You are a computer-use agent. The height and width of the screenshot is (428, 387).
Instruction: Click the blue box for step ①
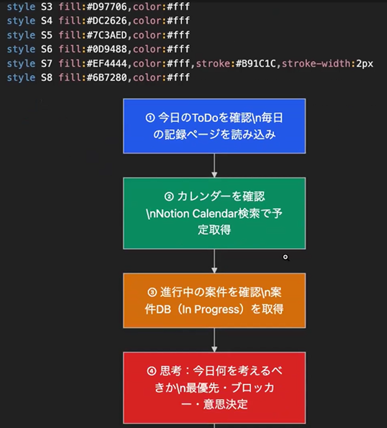[x=214, y=125]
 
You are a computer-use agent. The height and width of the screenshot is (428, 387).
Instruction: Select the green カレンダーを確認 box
[x=214, y=213]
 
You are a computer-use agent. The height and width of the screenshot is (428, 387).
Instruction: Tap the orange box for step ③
[x=214, y=300]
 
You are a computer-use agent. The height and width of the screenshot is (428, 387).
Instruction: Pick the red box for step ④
[x=214, y=388]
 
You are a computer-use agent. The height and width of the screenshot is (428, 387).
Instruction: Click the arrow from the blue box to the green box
[x=214, y=165]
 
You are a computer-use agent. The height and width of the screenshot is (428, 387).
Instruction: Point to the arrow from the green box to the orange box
[x=214, y=261]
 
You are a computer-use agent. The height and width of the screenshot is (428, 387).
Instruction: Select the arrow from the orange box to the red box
[x=214, y=340]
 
